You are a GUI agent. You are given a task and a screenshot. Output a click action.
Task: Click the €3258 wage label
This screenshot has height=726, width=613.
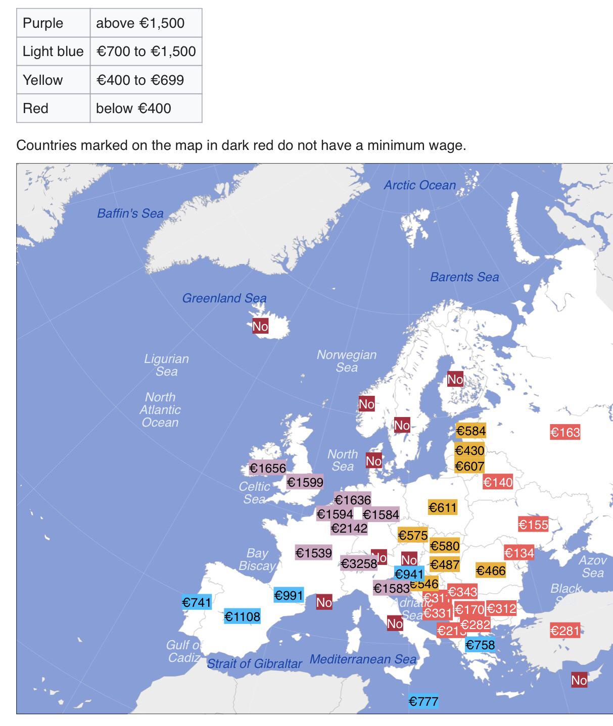point(359,563)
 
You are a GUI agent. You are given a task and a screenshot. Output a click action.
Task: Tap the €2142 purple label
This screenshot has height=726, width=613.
point(349,528)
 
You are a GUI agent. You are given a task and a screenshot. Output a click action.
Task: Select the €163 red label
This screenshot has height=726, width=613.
point(565,432)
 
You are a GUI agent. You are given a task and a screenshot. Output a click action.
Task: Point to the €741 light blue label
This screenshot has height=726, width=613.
point(197,602)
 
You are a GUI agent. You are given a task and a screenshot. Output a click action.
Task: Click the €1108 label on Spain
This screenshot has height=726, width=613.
point(242,616)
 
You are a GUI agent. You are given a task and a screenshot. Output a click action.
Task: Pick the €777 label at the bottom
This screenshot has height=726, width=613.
point(423,701)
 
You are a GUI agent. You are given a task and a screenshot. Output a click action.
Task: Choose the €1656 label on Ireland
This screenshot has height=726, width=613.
point(267,468)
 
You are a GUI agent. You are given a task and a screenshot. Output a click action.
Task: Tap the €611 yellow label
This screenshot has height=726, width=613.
point(442,507)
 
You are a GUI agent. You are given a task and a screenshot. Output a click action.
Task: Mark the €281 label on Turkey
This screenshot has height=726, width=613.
point(565,631)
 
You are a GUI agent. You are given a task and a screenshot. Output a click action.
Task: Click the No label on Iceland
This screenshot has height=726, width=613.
point(260,326)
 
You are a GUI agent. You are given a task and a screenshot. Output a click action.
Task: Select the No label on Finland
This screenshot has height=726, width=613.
point(455,379)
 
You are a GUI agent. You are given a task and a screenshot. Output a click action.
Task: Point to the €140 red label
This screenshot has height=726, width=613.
point(498,482)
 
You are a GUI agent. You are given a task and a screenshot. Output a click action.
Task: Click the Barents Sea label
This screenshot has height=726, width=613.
point(464,277)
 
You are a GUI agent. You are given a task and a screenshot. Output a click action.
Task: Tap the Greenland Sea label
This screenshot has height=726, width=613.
point(224,298)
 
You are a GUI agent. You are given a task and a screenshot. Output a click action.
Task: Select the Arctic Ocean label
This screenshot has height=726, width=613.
point(419,185)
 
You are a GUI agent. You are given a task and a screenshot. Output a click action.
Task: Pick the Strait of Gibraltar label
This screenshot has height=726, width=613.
point(254,663)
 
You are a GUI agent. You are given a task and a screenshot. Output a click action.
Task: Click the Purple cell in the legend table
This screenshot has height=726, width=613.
point(43,23)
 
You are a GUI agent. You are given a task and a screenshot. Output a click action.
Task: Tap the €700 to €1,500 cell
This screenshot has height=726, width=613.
point(146,51)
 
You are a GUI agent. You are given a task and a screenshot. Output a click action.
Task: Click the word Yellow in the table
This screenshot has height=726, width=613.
point(43,80)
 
